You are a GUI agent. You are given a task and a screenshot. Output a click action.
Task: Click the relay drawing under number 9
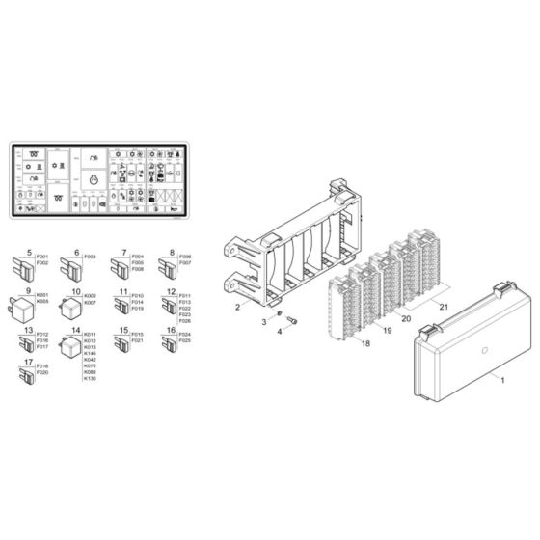pos(23,308)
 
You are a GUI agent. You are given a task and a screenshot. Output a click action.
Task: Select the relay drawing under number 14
pos(70,350)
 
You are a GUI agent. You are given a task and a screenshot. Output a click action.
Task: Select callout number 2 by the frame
pos(235,307)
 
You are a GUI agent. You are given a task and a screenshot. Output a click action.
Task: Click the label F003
pos(90,257)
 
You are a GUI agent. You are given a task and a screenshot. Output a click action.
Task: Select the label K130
pos(90,379)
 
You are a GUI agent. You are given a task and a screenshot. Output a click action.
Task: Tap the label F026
pos(183,321)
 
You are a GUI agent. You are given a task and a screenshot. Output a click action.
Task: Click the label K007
pos(90,302)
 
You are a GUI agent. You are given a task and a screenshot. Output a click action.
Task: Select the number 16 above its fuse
pos(171,330)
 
